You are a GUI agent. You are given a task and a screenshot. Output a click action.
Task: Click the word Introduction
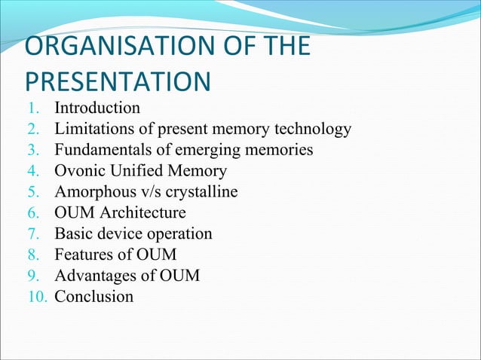(97, 108)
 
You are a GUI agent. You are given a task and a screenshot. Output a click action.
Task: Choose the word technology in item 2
(314, 129)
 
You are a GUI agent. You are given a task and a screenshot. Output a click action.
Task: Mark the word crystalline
(202, 192)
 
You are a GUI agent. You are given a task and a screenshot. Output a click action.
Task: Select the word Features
(85, 255)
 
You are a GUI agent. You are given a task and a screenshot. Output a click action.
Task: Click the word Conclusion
(93, 297)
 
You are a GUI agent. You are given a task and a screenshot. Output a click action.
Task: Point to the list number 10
(38, 297)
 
